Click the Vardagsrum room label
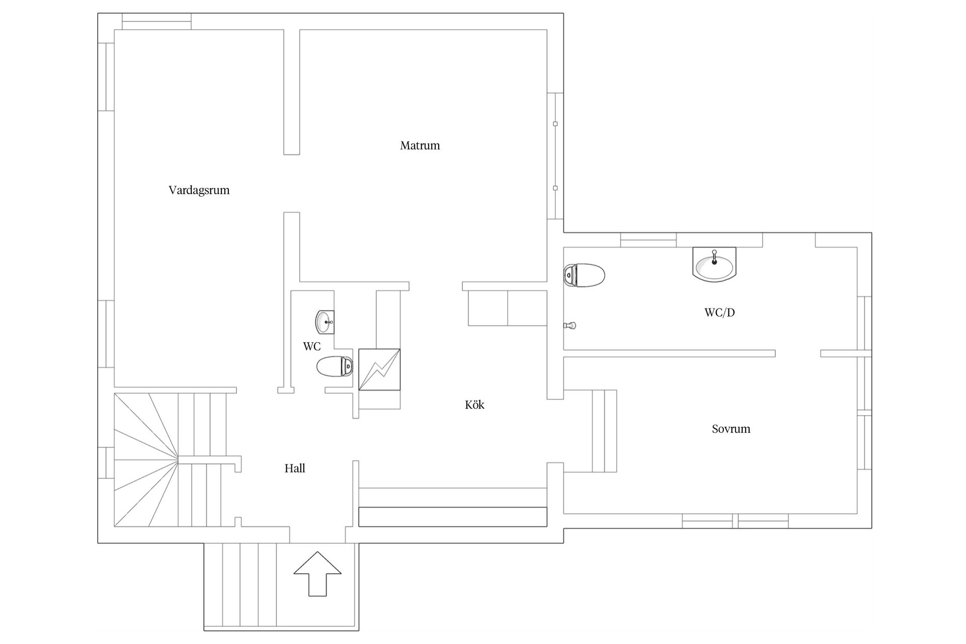199,191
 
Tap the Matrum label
420,145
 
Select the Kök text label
474,405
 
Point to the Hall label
295,468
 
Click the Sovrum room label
731,429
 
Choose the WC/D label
719,312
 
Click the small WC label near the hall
311,347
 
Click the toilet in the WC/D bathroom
584,275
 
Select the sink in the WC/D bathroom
714,263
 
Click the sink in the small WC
325,322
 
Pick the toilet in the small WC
335,366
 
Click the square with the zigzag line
379,369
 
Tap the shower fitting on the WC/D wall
570,326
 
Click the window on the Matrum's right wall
555,156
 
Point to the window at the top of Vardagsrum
157,22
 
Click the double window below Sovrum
735,521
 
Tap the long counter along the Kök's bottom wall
453,517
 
